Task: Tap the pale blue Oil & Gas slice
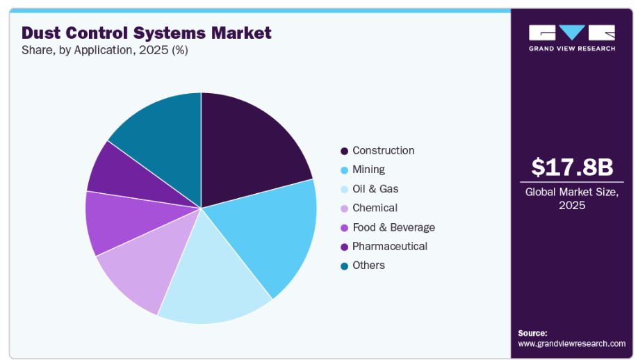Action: [208, 285]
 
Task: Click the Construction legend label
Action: [383, 151]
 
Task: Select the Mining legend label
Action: [368, 170]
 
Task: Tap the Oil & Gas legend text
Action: [375, 189]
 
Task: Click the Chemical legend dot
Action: [344, 208]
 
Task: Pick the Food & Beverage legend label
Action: [393, 227]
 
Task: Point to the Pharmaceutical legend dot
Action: [344, 247]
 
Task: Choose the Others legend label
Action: [368, 265]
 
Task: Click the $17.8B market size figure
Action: [572, 167]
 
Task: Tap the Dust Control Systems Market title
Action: [147, 33]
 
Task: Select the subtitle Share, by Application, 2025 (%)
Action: [104, 50]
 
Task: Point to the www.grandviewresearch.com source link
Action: [572, 343]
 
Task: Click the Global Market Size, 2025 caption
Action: [572, 199]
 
